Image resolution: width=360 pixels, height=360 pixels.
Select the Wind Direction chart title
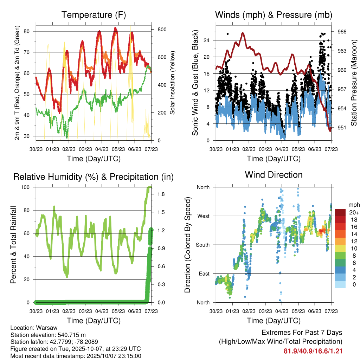(274, 174)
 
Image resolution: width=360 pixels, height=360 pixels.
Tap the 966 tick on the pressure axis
(342, 32)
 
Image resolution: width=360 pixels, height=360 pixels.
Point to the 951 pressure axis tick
(342, 128)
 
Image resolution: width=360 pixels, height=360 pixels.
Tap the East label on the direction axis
(204, 274)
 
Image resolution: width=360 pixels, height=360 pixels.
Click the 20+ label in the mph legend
(354, 212)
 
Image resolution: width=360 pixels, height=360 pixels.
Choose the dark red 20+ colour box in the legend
(340, 212)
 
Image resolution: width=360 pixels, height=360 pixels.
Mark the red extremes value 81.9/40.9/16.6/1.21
(313, 351)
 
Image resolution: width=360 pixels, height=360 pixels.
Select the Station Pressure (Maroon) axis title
(354, 83)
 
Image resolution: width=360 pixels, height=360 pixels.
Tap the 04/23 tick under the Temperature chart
(102, 149)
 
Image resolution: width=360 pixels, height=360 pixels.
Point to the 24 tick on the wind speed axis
(207, 40)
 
